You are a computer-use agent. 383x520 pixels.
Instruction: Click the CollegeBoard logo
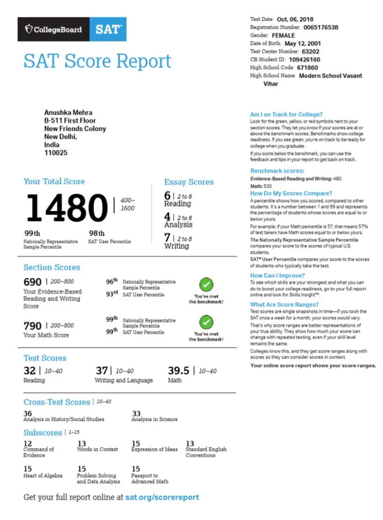[x=53, y=30]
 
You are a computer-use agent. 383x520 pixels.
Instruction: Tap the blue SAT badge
[x=108, y=30]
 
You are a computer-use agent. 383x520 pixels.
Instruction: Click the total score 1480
[x=65, y=208]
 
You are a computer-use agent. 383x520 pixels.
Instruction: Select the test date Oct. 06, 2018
[x=295, y=19]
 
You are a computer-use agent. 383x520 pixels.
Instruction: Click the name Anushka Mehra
[x=68, y=113]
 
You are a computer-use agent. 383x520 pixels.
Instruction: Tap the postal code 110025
[x=56, y=153]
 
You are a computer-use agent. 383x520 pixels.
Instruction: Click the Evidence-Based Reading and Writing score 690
[x=33, y=282]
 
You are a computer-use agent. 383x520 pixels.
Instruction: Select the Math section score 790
[x=33, y=325]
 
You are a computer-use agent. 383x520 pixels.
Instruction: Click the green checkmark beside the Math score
[x=206, y=322]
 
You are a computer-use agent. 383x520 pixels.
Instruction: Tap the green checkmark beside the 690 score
[x=206, y=285]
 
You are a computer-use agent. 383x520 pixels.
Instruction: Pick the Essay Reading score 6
[x=167, y=196]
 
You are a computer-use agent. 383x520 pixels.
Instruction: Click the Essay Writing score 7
[x=167, y=237]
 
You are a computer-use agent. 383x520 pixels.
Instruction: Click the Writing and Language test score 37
[x=102, y=371]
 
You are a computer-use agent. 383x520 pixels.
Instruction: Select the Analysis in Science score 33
[x=136, y=413]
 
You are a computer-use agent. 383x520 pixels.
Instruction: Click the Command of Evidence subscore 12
[x=27, y=444]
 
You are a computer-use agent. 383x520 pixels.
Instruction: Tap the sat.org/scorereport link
[x=162, y=497]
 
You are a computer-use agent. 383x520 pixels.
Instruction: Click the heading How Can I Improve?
[x=277, y=275]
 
